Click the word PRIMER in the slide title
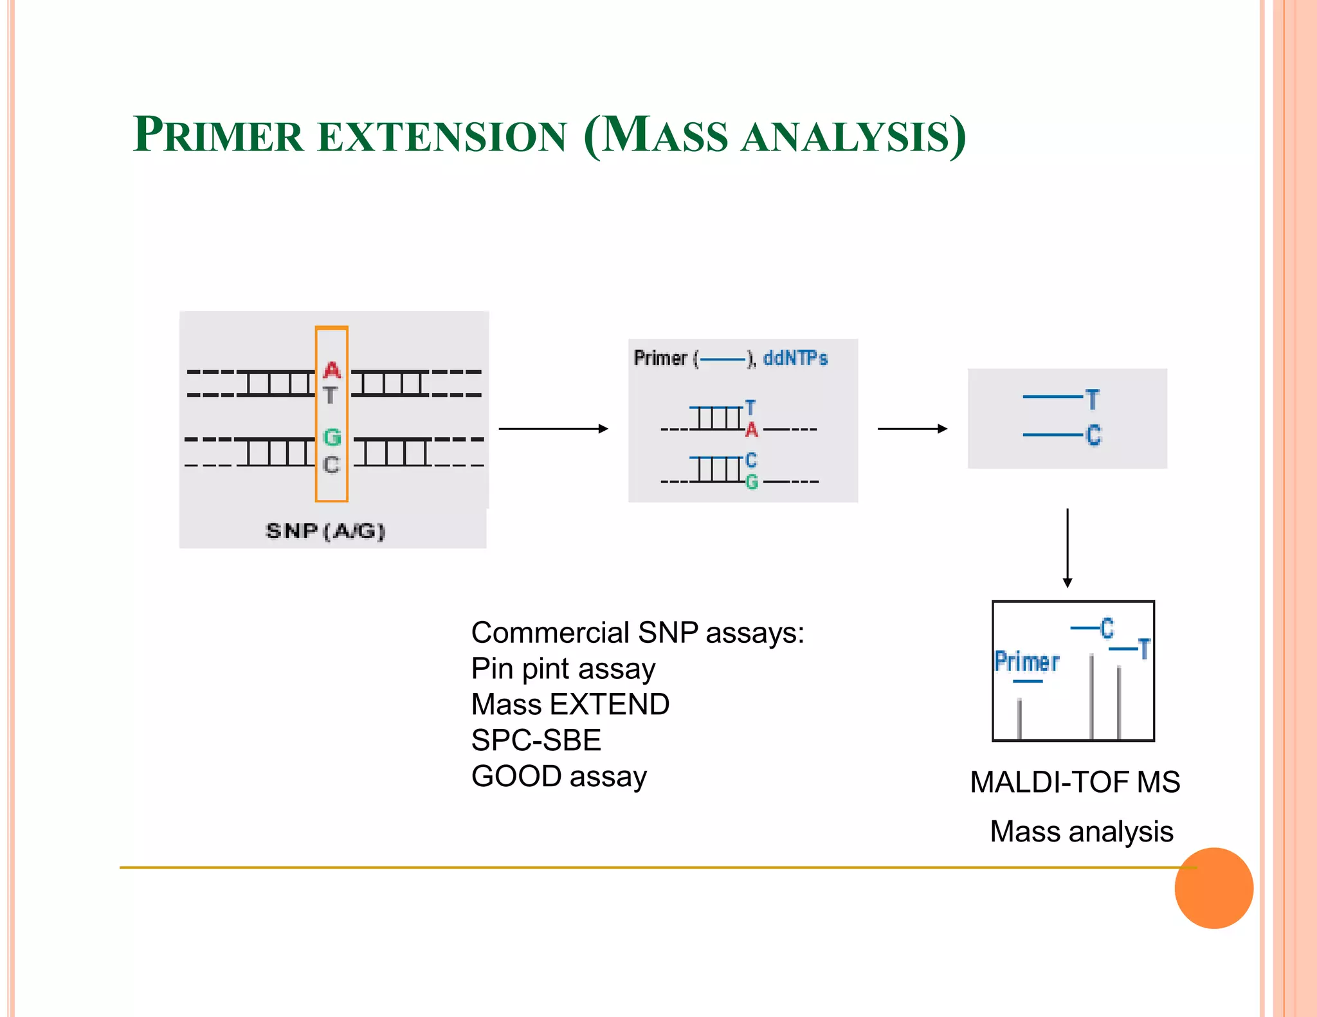click(217, 136)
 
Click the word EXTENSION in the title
click(442, 137)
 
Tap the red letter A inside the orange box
click(332, 370)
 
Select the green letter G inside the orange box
click(332, 437)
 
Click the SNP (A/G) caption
click(325, 531)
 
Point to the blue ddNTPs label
click(795, 358)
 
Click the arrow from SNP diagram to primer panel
click(553, 428)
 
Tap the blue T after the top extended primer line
click(1093, 399)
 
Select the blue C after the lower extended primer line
click(1093, 435)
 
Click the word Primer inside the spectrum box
click(1026, 661)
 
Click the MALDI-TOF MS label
click(1075, 782)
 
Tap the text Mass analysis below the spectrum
click(1081, 831)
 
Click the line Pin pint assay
click(563, 669)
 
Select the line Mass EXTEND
click(570, 705)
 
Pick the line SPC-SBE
click(536, 741)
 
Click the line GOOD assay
click(558, 777)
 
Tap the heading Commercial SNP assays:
click(637, 633)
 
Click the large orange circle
click(1213, 888)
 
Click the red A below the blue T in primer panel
click(751, 429)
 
